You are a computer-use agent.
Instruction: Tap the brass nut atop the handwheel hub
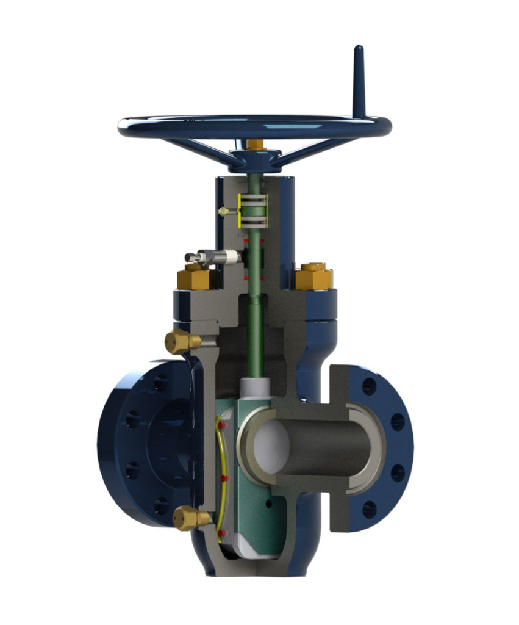[x=255, y=145]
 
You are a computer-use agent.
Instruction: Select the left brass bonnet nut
[x=195, y=278]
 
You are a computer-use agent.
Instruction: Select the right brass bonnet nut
[x=314, y=276]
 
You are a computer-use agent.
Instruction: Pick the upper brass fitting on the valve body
[x=181, y=341]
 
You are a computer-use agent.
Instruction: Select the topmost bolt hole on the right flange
[x=368, y=386]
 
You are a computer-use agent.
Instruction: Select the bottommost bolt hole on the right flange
[x=368, y=508]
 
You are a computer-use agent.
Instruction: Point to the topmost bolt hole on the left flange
[x=160, y=383]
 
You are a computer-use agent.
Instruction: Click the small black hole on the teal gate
[x=269, y=504]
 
